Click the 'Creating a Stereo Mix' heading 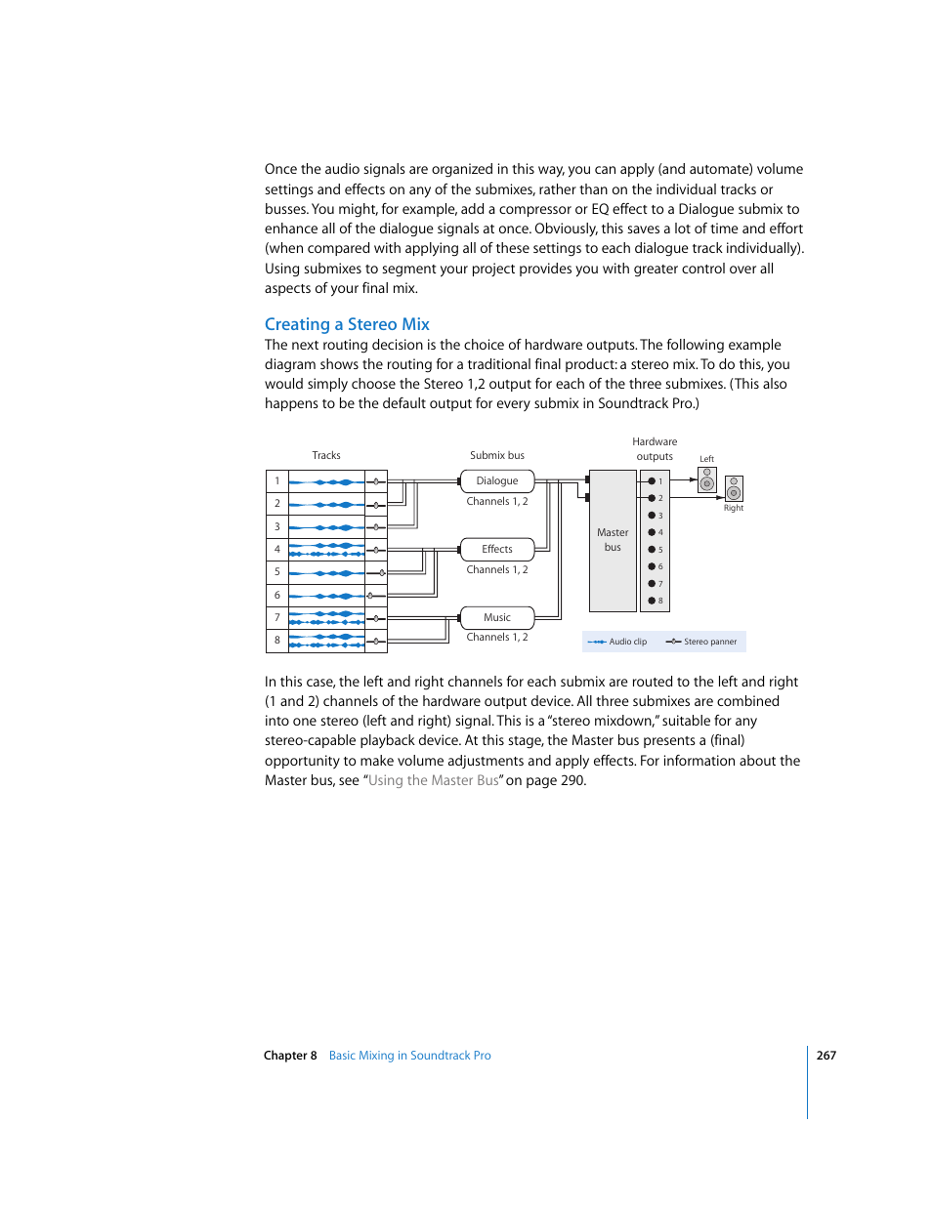point(347,324)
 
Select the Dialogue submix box point(497,480)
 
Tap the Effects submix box point(497,549)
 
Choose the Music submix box point(497,617)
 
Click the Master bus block point(613,540)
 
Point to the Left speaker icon point(707,479)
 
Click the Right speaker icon point(734,488)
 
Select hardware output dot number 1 point(652,481)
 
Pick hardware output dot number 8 point(652,601)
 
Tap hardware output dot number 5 point(652,550)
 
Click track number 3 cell point(277,526)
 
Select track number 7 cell point(277,617)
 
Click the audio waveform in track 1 point(326,481)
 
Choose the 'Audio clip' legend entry point(617,642)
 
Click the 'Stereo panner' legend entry point(701,642)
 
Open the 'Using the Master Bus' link point(434,780)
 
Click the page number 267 point(826,1056)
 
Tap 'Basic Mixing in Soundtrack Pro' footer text point(409,1056)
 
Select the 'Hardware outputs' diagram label point(655,449)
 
